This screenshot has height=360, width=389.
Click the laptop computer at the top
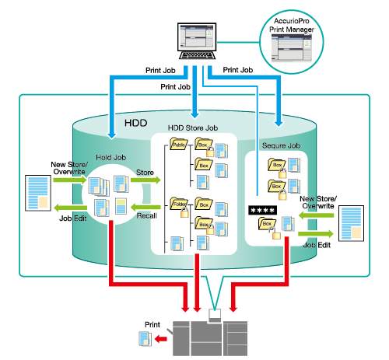point(197,41)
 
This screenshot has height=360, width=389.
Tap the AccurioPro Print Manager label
point(292,25)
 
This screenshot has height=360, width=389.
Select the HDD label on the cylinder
point(136,123)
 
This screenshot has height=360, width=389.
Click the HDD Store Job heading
point(193,128)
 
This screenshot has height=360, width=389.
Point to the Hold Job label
point(111,157)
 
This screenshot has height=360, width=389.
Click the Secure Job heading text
point(281,145)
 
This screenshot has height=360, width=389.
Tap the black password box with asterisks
point(262,210)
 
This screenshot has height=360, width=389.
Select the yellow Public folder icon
point(178,144)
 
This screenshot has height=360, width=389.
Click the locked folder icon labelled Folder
point(180,207)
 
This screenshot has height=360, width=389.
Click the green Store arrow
point(145,180)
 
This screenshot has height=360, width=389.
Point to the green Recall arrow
point(145,207)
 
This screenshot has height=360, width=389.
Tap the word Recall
point(147,215)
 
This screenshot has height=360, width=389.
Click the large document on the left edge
point(38,193)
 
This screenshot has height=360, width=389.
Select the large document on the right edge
point(351,223)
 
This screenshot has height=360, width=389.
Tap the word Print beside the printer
point(152,324)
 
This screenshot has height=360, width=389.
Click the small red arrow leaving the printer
point(161,339)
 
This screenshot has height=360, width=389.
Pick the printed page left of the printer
point(145,338)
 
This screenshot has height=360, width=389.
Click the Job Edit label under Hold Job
point(73,218)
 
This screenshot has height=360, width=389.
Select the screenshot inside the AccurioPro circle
point(292,48)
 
